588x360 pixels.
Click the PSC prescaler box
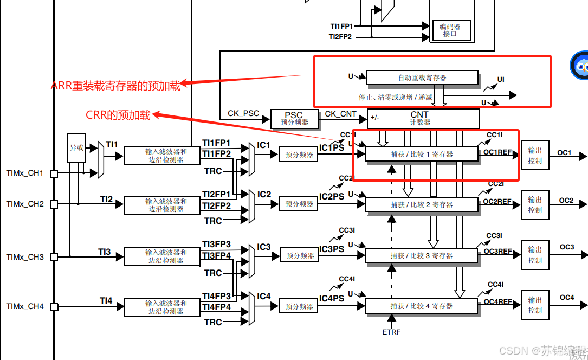click(x=294, y=118)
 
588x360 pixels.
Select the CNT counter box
click(x=423, y=118)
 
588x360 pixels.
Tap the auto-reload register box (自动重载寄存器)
click(x=422, y=78)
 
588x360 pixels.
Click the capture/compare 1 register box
click(x=422, y=154)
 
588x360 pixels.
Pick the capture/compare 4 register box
click(x=422, y=306)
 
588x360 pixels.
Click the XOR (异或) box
click(x=76, y=147)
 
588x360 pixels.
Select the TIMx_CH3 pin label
click(x=25, y=256)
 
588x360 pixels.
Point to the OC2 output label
click(x=566, y=201)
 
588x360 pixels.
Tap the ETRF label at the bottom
click(x=391, y=332)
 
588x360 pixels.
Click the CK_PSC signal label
click(x=243, y=113)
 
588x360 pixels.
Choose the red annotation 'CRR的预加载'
click(x=118, y=114)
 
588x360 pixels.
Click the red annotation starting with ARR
click(x=115, y=85)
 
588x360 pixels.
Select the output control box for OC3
click(x=535, y=255)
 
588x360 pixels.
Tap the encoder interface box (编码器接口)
click(x=450, y=30)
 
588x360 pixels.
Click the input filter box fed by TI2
click(x=166, y=205)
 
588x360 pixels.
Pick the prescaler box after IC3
click(x=300, y=255)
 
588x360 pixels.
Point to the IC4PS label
click(x=331, y=299)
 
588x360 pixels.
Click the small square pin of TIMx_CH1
click(x=54, y=173)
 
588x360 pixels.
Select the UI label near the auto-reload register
click(x=501, y=80)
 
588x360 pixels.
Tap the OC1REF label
click(x=497, y=152)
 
